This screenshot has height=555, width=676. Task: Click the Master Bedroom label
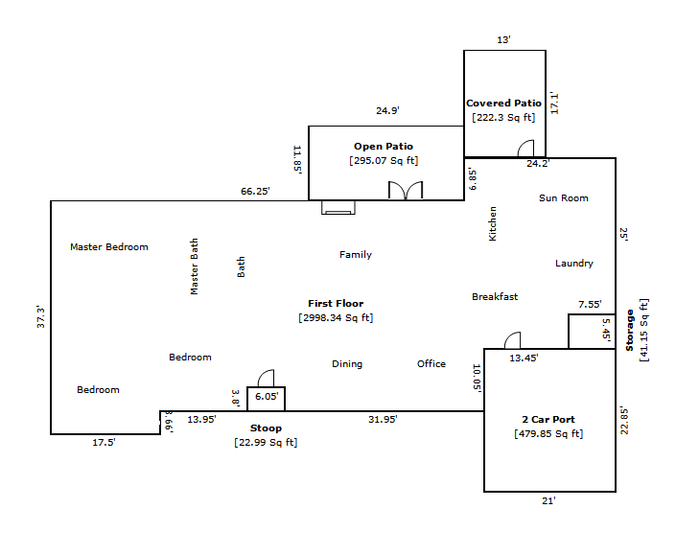coord(109,247)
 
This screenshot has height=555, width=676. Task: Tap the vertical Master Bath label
coord(195,266)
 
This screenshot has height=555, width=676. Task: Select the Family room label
coord(356,255)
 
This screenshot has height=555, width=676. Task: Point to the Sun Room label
coord(563,198)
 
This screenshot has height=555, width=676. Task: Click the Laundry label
coord(574,264)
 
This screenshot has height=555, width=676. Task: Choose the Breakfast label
coord(495,297)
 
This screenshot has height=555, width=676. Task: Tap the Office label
coord(431,364)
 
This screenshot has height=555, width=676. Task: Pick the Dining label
coord(347,364)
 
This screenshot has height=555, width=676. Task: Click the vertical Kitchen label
coord(493,223)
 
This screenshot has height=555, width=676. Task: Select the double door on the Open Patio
coord(406,190)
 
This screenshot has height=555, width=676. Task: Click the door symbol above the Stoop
coord(266,378)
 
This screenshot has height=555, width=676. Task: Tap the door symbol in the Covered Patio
coord(525,149)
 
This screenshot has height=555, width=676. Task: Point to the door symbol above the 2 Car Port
coord(512,340)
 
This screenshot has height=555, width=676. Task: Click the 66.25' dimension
coord(255,192)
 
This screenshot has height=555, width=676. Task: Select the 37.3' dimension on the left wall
coord(40,317)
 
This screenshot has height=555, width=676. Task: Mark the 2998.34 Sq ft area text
coord(336,317)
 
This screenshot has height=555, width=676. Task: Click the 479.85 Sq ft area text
coord(548,433)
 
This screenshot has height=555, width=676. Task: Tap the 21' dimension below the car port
coord(548,500)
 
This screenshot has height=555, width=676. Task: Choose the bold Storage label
coord(630,330)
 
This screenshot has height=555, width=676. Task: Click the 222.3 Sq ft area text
coord(503,118)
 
